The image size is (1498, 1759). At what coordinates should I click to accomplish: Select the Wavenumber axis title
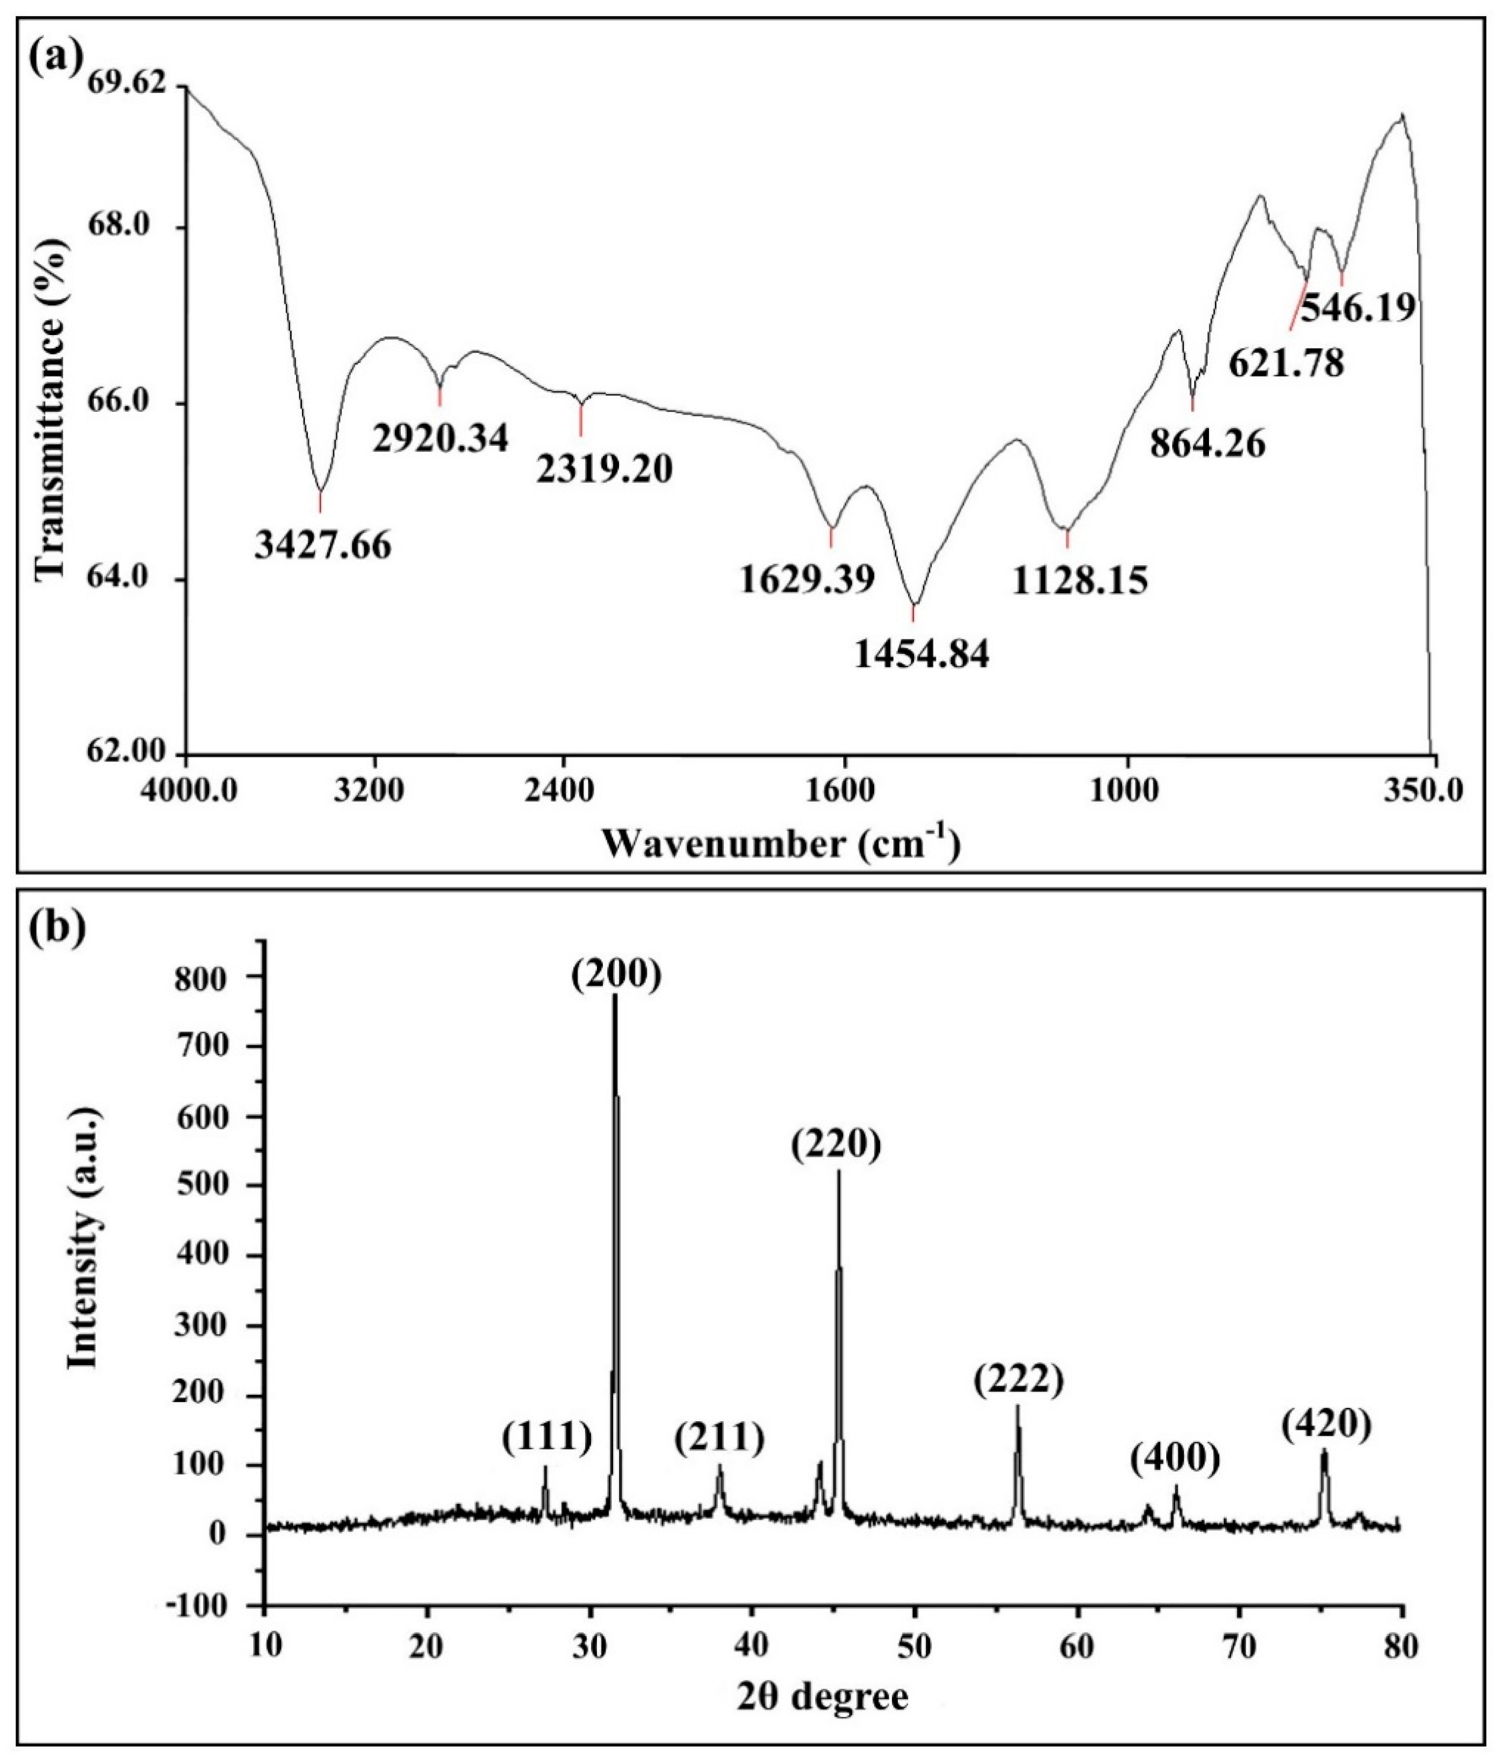tap(781, 844)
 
